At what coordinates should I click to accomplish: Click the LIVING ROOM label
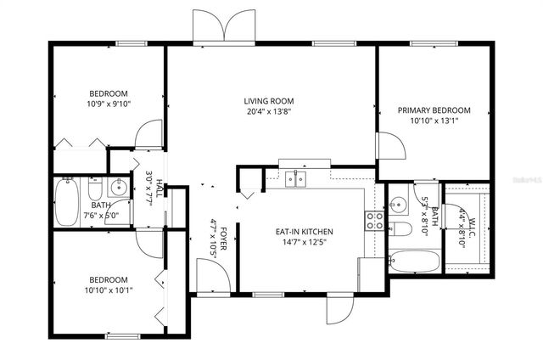coord(269,99)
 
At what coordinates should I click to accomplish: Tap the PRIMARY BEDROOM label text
coord(434,110)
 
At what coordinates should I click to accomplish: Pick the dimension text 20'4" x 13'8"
coord(269,111)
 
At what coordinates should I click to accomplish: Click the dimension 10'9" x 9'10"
coord(109,104)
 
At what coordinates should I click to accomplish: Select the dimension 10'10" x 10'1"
coord(109,290)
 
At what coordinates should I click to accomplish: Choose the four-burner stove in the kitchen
coord(375,221)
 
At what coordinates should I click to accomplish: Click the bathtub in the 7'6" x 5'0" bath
coord(66,202)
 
